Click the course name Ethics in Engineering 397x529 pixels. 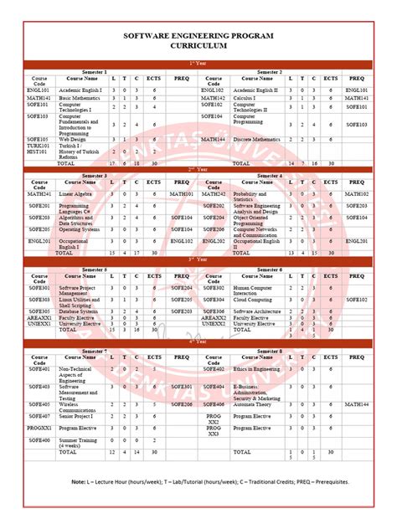(257, 368)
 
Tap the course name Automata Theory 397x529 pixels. (255, 403)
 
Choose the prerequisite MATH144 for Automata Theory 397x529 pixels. (355, 403)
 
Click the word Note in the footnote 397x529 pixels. (79, 482)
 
